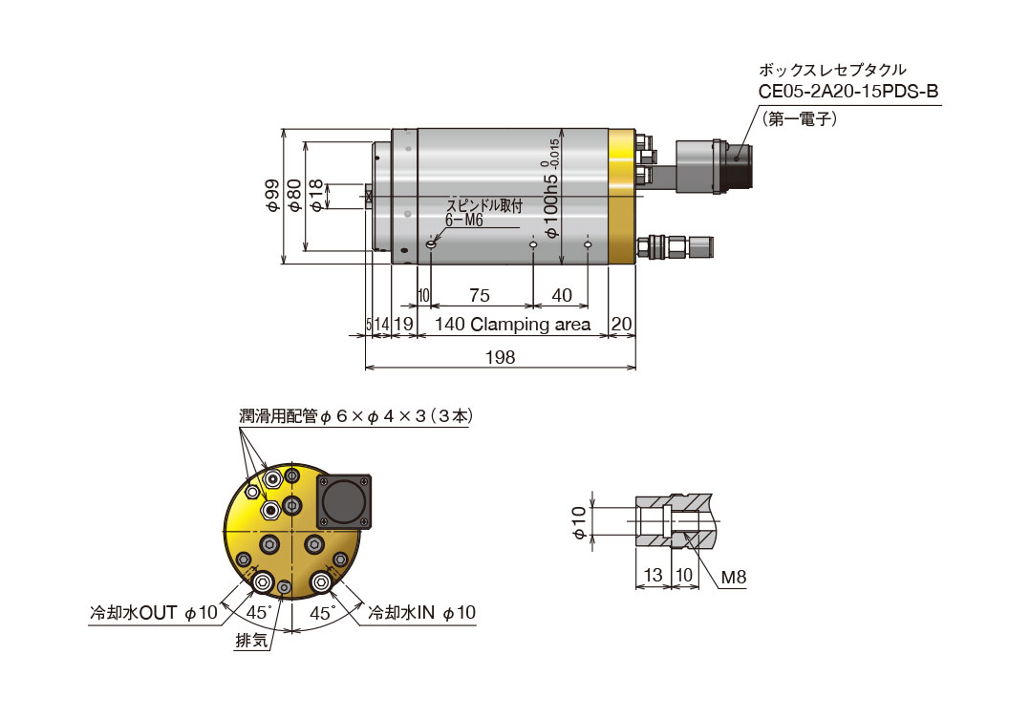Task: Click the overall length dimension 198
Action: pos(500,356)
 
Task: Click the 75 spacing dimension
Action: pos(480,296)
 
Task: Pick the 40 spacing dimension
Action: pos(562,296)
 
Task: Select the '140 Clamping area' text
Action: pos(512,325)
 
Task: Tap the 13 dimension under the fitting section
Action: pos(653,577)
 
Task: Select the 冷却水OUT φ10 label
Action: pos(153,612)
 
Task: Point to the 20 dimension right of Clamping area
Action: pos(622,325)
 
